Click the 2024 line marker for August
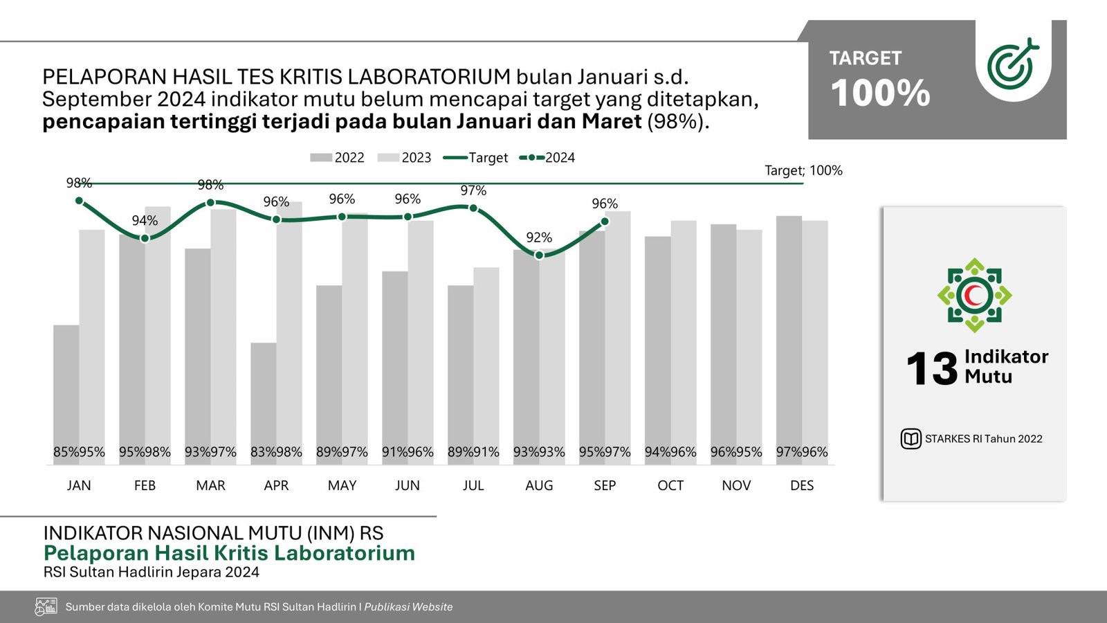pyautogui.click(x=540, y=255)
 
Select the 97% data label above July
pyautogui.click(x=473, y=190)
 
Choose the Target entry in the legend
pyautogui.click(x=475, y=158)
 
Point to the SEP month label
pyautogui.click(x=605, y=485)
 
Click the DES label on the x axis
pyautogui.click(x=802, y=485)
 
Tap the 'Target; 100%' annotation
pyautogui.click(x=803, y=170)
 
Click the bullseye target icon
pyautogui.click(x=1012, y=64)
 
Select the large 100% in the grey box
pyautogui.click(x=880, y=93)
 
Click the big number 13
pyautogui.click(x=931, y=368)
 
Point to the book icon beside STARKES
pyautogui.click(x=911, y=439)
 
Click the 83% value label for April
pyautogui.click(x=264, y=452)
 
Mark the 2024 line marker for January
pyautogui.click(x=79, y=201)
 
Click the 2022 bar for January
pyautogui.click(x=66, y=388)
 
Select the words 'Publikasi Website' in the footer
pyautogui.click(x=408, y=607)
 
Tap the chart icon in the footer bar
pyautogui.click(x=46, y=607)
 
